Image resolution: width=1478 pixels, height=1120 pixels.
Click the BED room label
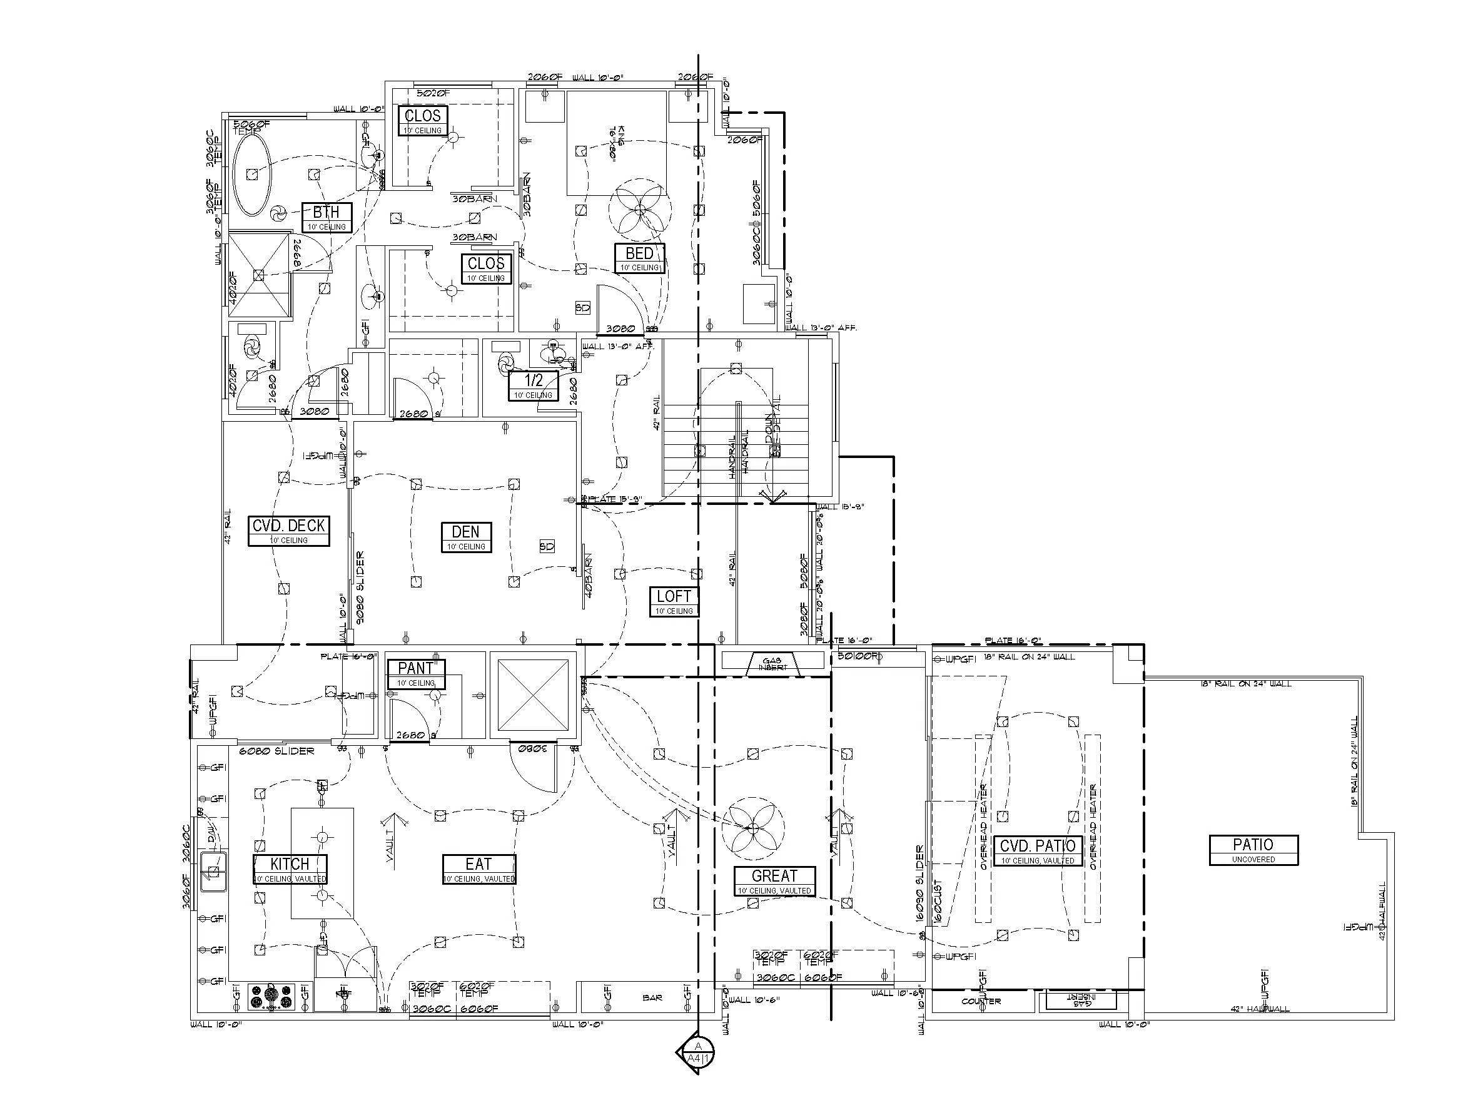pyautogui.click(x=639, y=257)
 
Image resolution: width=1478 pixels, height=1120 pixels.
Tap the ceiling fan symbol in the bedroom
pyautogui.click(x=639, y=210)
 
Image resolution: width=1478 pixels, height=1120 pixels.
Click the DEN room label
pyautogui.click(x=466, y=536)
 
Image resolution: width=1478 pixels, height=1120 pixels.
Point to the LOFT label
pyautogui.click(x=674, y=601)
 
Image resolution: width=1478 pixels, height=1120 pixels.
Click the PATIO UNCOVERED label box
pyautogui.click(x=1253, y=849)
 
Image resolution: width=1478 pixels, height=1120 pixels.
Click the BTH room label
pyautogui.click(x=326, y=216)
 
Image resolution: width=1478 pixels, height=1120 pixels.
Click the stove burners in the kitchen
pyautogui.click(x=272, y=995)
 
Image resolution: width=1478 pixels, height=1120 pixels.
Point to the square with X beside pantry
pyautogui.click(x=532, y=695)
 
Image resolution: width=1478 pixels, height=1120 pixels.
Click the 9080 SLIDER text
pyautogui.click(x=360, y=588)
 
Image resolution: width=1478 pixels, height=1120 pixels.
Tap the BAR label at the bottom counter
pyautogui.click(x=652, y=998)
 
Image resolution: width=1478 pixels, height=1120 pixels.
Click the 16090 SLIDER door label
pyautogui.click(x=920, y=883)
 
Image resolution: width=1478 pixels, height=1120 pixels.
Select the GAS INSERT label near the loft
pyautogui.click(x=772, y=662)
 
